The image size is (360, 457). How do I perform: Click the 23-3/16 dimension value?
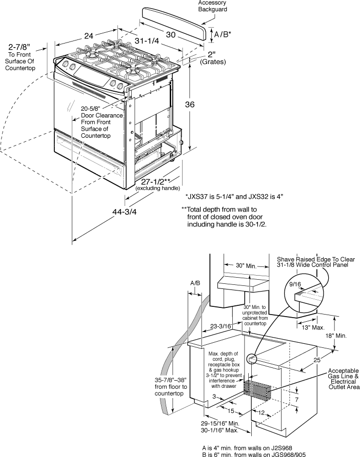220,325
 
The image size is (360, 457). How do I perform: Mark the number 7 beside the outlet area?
297,399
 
